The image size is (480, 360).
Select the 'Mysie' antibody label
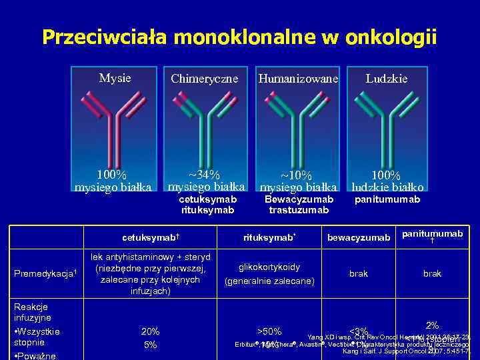coord(115,78)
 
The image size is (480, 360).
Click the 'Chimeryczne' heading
coord(204,79)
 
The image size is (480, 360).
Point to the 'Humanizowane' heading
coord(299,79)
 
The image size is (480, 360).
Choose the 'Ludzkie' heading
coord(387,79)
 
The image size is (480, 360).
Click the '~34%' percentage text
coord(204,175)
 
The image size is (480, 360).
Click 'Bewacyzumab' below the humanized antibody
coord(299,199)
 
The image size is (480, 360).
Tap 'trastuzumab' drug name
coord(299,210)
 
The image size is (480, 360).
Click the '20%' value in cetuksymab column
coord(150,331)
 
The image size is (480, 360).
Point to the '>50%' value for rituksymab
coord(269,331)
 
